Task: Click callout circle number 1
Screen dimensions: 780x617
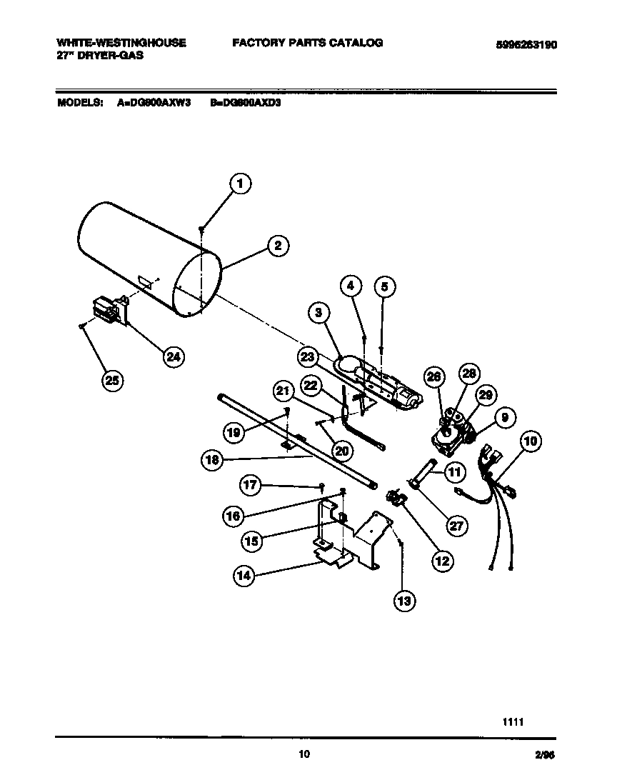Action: [241, 184]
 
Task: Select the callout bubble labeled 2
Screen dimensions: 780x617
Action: [278, 246]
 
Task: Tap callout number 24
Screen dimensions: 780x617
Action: [173, 356]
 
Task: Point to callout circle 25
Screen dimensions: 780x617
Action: [112, 380]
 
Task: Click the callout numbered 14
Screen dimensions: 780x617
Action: [245, 575]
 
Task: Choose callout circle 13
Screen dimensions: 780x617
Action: [404, 601]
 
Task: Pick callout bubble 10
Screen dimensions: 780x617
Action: [531, 441]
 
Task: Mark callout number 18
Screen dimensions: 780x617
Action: [212, 461]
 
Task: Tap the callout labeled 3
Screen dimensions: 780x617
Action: [319, 311]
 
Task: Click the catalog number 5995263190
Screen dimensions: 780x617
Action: [526, 44]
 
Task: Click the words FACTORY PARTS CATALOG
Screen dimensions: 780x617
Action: [307, 43]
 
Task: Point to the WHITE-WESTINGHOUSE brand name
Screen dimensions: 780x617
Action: [121, 43]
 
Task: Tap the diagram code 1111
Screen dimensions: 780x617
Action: [513, 721]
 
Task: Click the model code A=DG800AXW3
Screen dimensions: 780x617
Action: [154, 102]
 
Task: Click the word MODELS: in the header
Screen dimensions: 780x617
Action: [80, 102]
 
